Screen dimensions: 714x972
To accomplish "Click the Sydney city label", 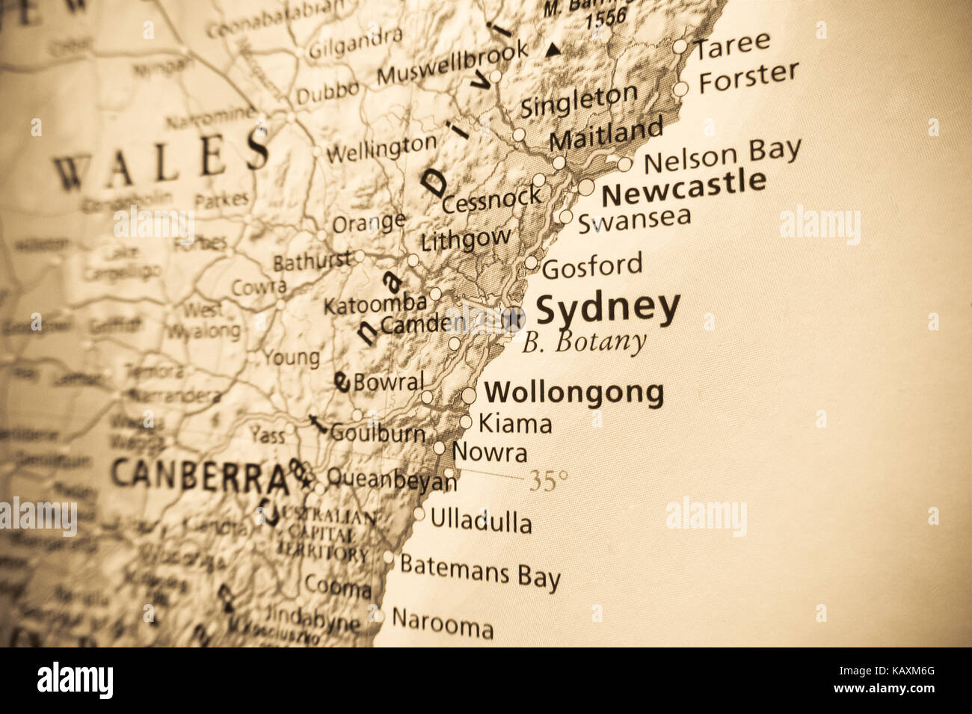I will pyautogui.click(x=608, y=309).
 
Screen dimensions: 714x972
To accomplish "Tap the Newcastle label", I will pyautogui.click(x=683, y=188).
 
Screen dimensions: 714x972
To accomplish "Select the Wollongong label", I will pyautogui.click(x=573, y=392).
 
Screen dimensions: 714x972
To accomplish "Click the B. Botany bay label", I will pyautogui.click(x=583, y=342).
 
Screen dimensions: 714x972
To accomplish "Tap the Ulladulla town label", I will pyautogui.click(x=481, y=520).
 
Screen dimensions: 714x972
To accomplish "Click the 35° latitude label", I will pyautogui.click(x=548, y=481).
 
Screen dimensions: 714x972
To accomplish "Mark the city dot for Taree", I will pyautogui.click(x=680, y=46).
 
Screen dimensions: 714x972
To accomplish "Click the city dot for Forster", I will pyautogui.click(x=680, y=89).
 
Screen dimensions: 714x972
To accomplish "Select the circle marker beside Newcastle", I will pyautogui.click(x=586, y=187).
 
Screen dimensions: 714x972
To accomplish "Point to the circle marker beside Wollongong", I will pyautogui.click(x=469, y=395).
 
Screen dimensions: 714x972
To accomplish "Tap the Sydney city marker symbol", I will pyautogui.click(x=513, y=319).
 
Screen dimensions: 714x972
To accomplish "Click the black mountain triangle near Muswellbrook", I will pyautogui.click(x=553, y=51).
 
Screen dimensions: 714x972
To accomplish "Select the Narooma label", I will pyautogui.click(x=442, y=623).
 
